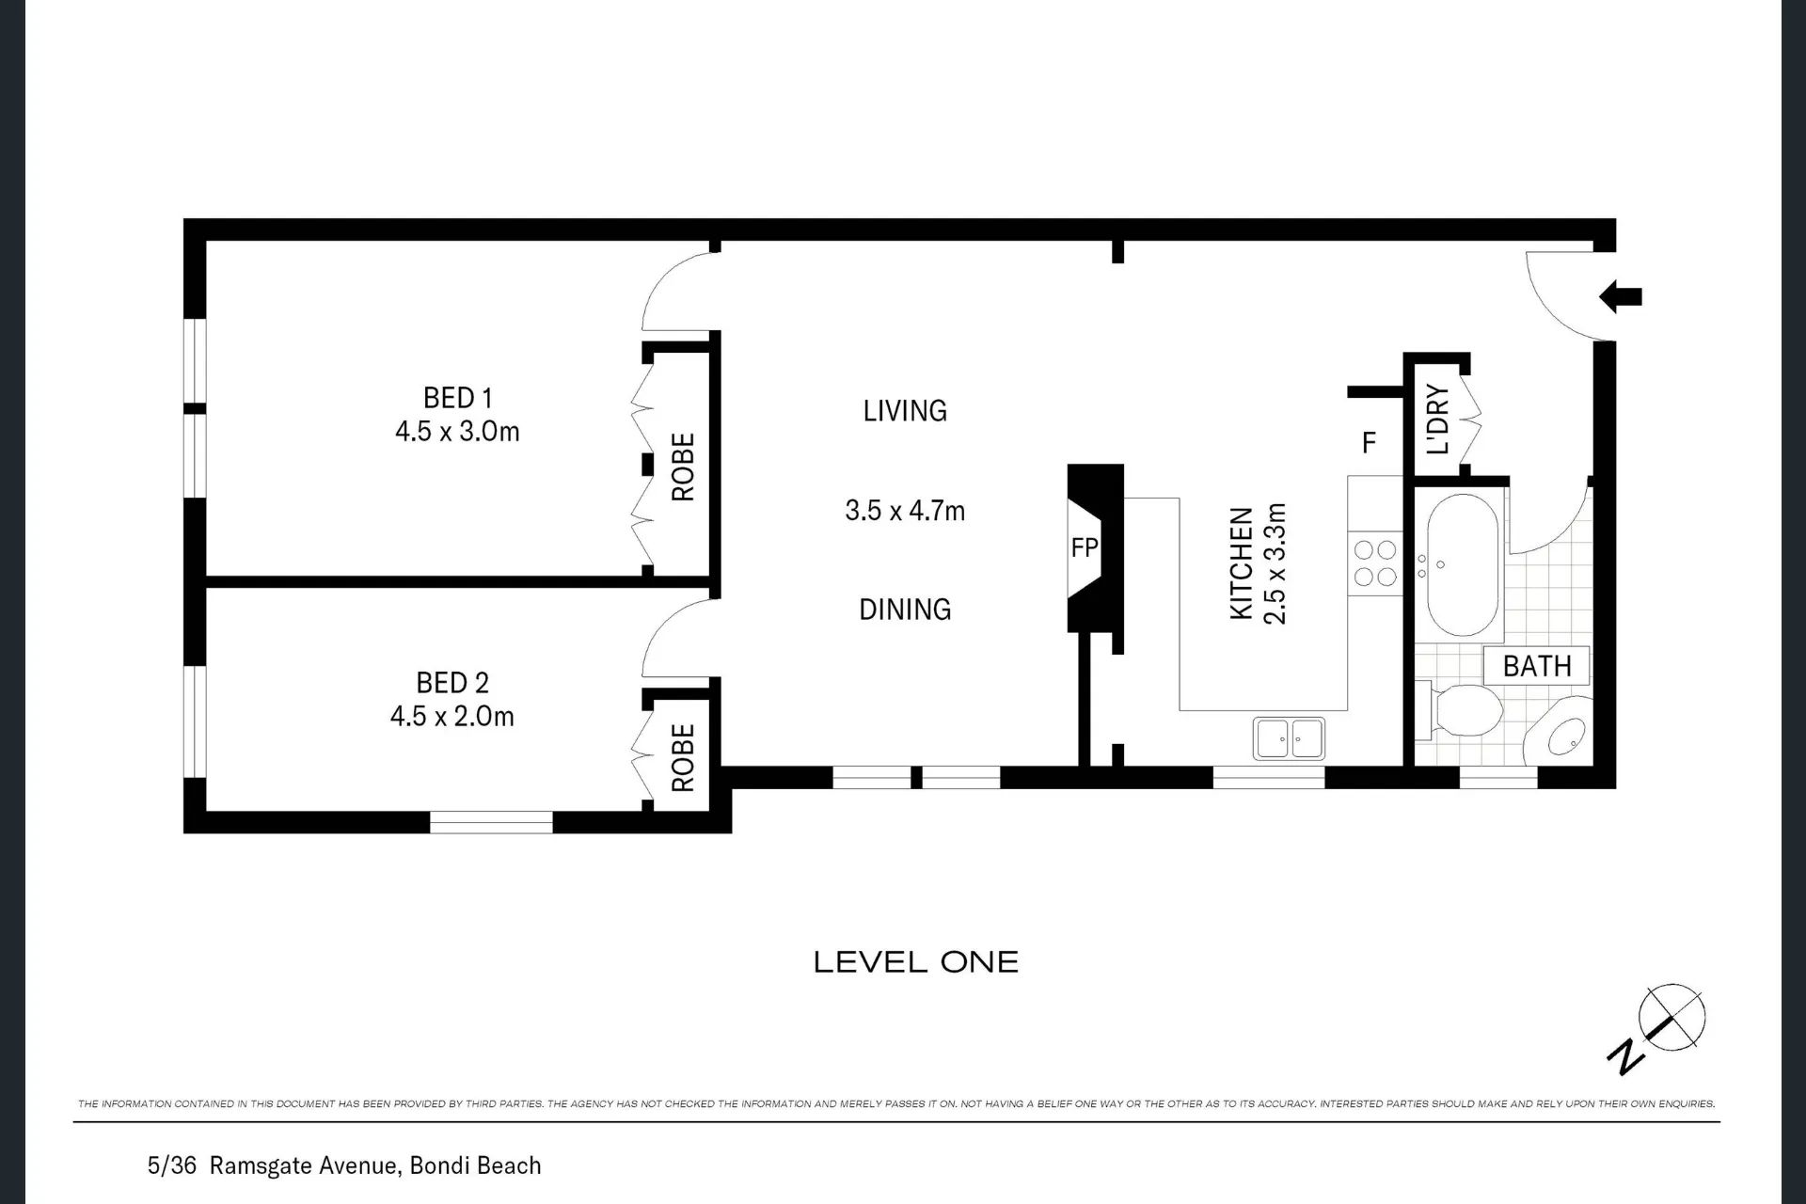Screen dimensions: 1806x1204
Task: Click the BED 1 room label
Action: click(458, 398)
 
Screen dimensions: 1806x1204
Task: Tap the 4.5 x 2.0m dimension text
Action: click(452, 716)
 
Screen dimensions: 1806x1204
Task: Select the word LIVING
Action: click(905, 411)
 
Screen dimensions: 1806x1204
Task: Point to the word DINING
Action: click(905, 610)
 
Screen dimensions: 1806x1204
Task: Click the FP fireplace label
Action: click(1084, 547)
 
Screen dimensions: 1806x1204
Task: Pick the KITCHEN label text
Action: click(1242, 563)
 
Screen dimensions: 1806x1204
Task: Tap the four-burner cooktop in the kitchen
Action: click(1374, 563)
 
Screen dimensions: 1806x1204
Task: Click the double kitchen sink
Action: click(1289, 738)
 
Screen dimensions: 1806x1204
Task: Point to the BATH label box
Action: click(1537, 666)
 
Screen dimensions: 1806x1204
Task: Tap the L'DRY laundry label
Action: click(1438, 420)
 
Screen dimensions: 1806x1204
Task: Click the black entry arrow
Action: click(1621, 296)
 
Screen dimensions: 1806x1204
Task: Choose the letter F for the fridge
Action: click(1370, 442)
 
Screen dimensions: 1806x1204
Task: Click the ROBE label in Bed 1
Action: click(683, 467)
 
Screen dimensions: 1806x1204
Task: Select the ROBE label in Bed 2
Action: click(683, 757)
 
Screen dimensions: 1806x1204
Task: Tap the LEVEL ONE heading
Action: click(916, 962)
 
